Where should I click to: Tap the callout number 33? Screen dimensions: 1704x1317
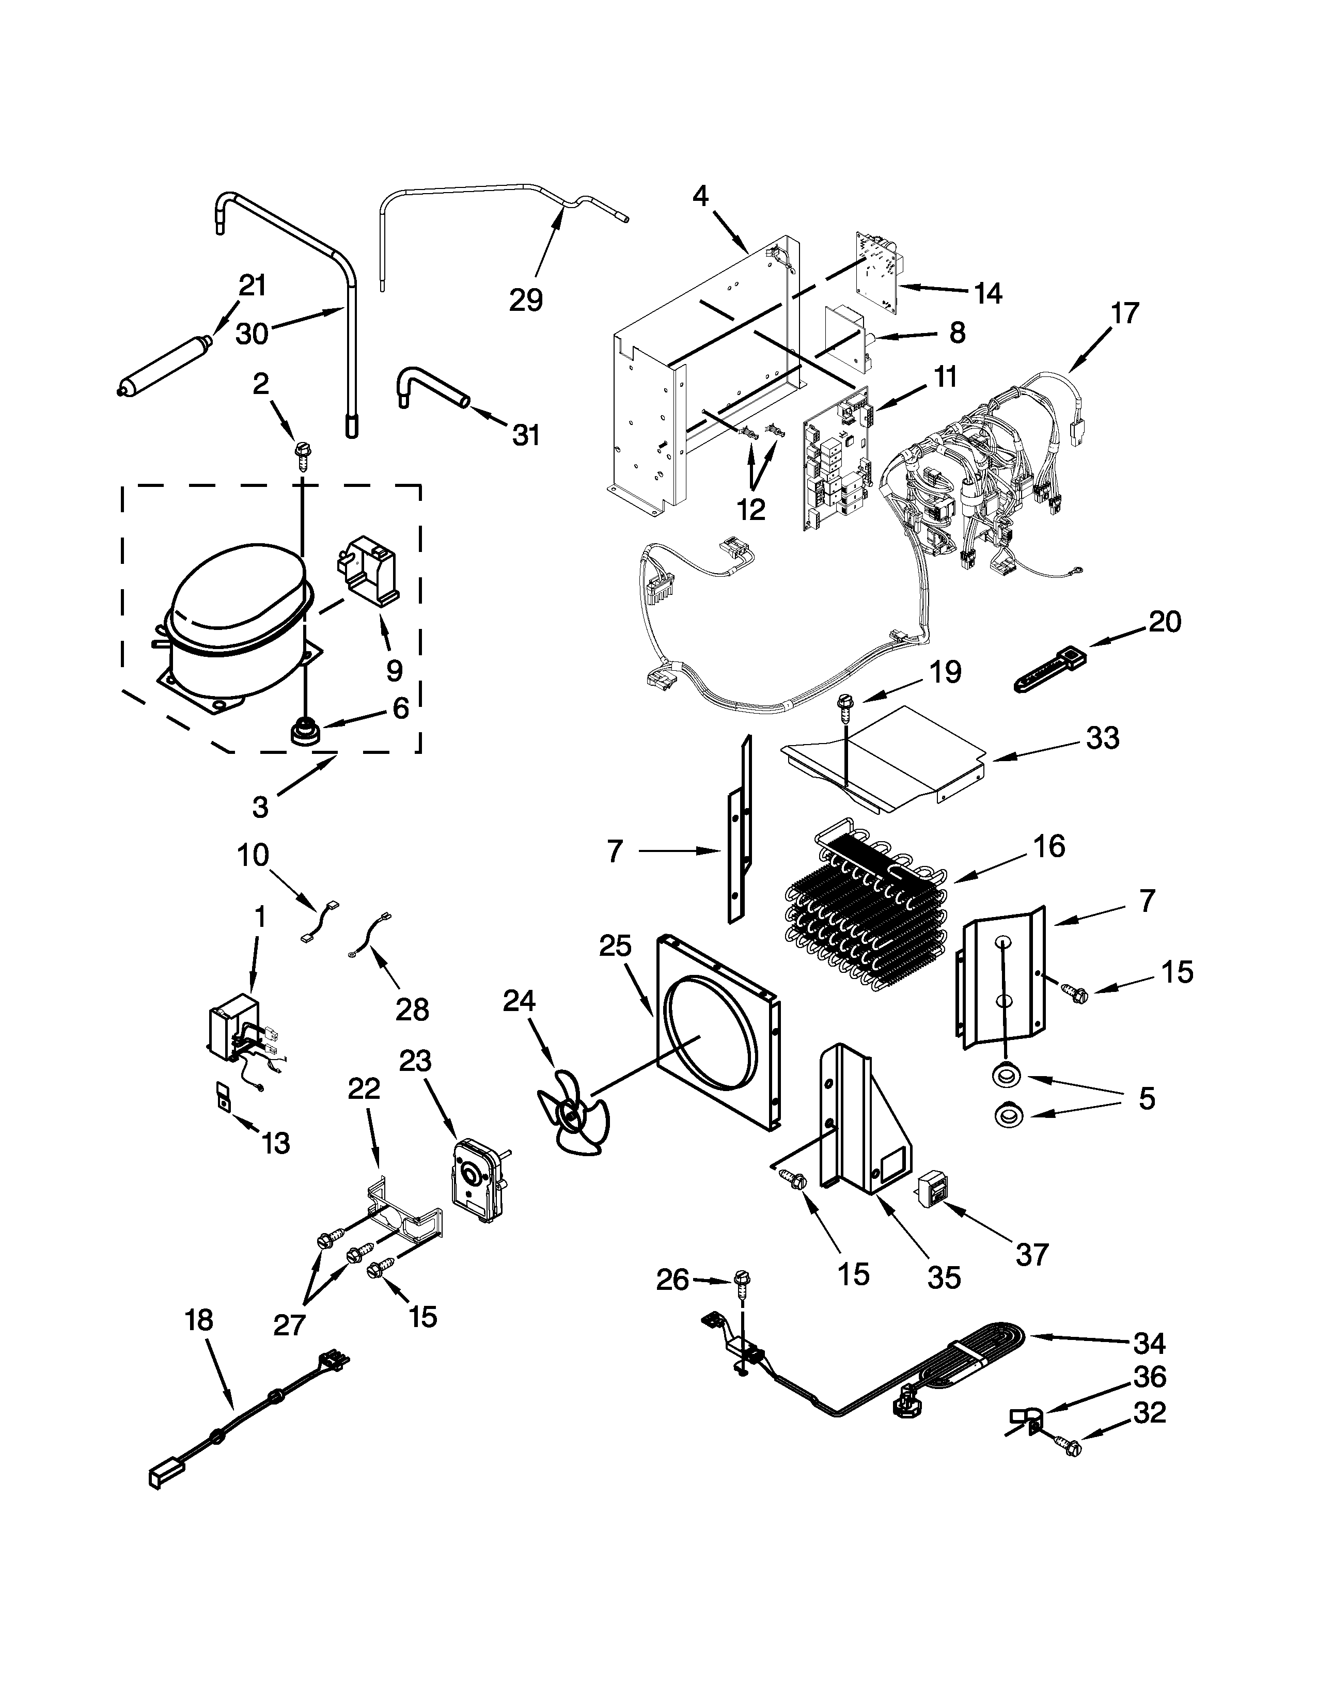(x=1102, y=737)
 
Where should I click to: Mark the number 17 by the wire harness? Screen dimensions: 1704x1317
(x=1125, y=313)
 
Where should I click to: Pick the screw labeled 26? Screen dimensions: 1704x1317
(x=741, y=1280)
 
